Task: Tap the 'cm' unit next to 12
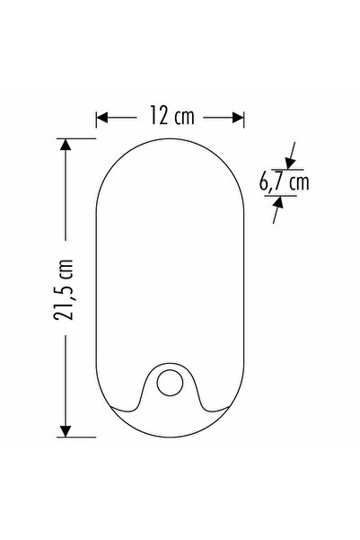point(185,116)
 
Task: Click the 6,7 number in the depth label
point(271,182)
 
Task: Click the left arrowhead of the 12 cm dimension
point(102,116)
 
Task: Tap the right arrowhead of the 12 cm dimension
point(238,116)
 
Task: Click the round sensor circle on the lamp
point(169,384)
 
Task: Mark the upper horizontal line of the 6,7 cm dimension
point(285,169)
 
